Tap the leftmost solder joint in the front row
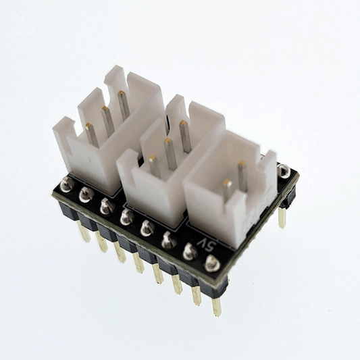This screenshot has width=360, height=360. (x=66, y=184)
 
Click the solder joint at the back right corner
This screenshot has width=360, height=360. (x=284, y=170)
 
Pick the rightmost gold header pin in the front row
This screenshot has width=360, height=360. (x=216, y=305)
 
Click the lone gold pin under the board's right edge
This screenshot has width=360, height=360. (x=282, y=217)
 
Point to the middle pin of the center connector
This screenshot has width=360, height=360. (x=169, y=153)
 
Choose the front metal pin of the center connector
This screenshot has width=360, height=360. (x=154, y=166)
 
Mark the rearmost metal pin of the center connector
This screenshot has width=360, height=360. (x=184, y=136)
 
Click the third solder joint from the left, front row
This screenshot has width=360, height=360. (x=107, y=206)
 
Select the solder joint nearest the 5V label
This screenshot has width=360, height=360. (x=191, y=253)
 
